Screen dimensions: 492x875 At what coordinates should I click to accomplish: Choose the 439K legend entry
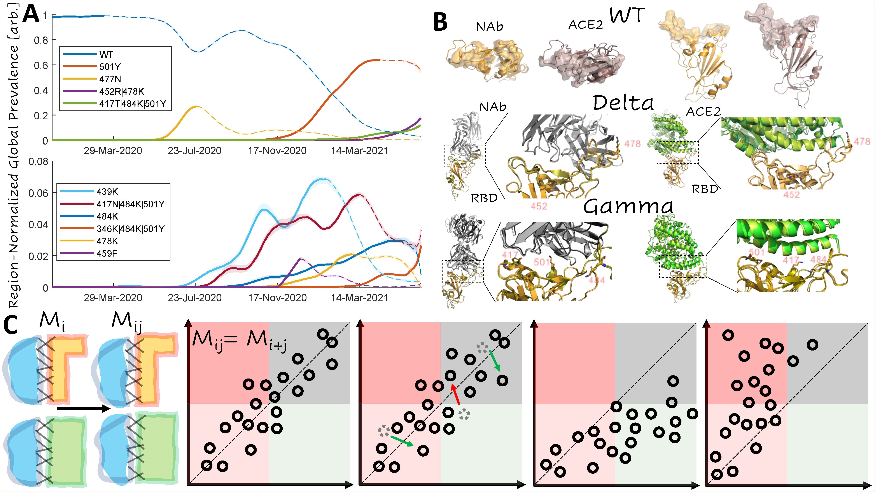107,192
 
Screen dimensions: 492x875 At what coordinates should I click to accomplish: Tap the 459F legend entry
107,253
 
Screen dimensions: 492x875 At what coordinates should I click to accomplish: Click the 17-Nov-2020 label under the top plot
277,151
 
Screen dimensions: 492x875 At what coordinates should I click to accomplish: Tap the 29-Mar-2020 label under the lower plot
113,298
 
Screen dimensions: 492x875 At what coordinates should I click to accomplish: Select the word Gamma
628,206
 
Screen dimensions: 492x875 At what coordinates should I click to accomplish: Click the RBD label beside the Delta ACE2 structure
705,189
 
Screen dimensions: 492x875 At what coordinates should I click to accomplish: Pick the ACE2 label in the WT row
586,24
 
